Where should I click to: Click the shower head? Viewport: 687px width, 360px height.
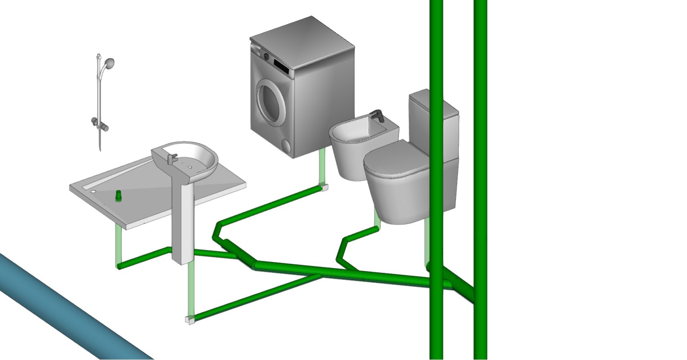pos(109,63)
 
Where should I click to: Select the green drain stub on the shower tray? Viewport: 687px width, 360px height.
pos(119,195)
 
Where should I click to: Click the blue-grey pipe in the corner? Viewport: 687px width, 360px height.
pos(61,311)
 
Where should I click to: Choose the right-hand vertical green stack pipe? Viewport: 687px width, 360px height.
pos(480,164)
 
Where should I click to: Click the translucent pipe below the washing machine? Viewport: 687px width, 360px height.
pos(322,168)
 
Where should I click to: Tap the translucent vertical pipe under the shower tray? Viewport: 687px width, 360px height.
pos(118,245)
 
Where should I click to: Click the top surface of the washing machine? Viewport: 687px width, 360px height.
pos(303,41)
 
